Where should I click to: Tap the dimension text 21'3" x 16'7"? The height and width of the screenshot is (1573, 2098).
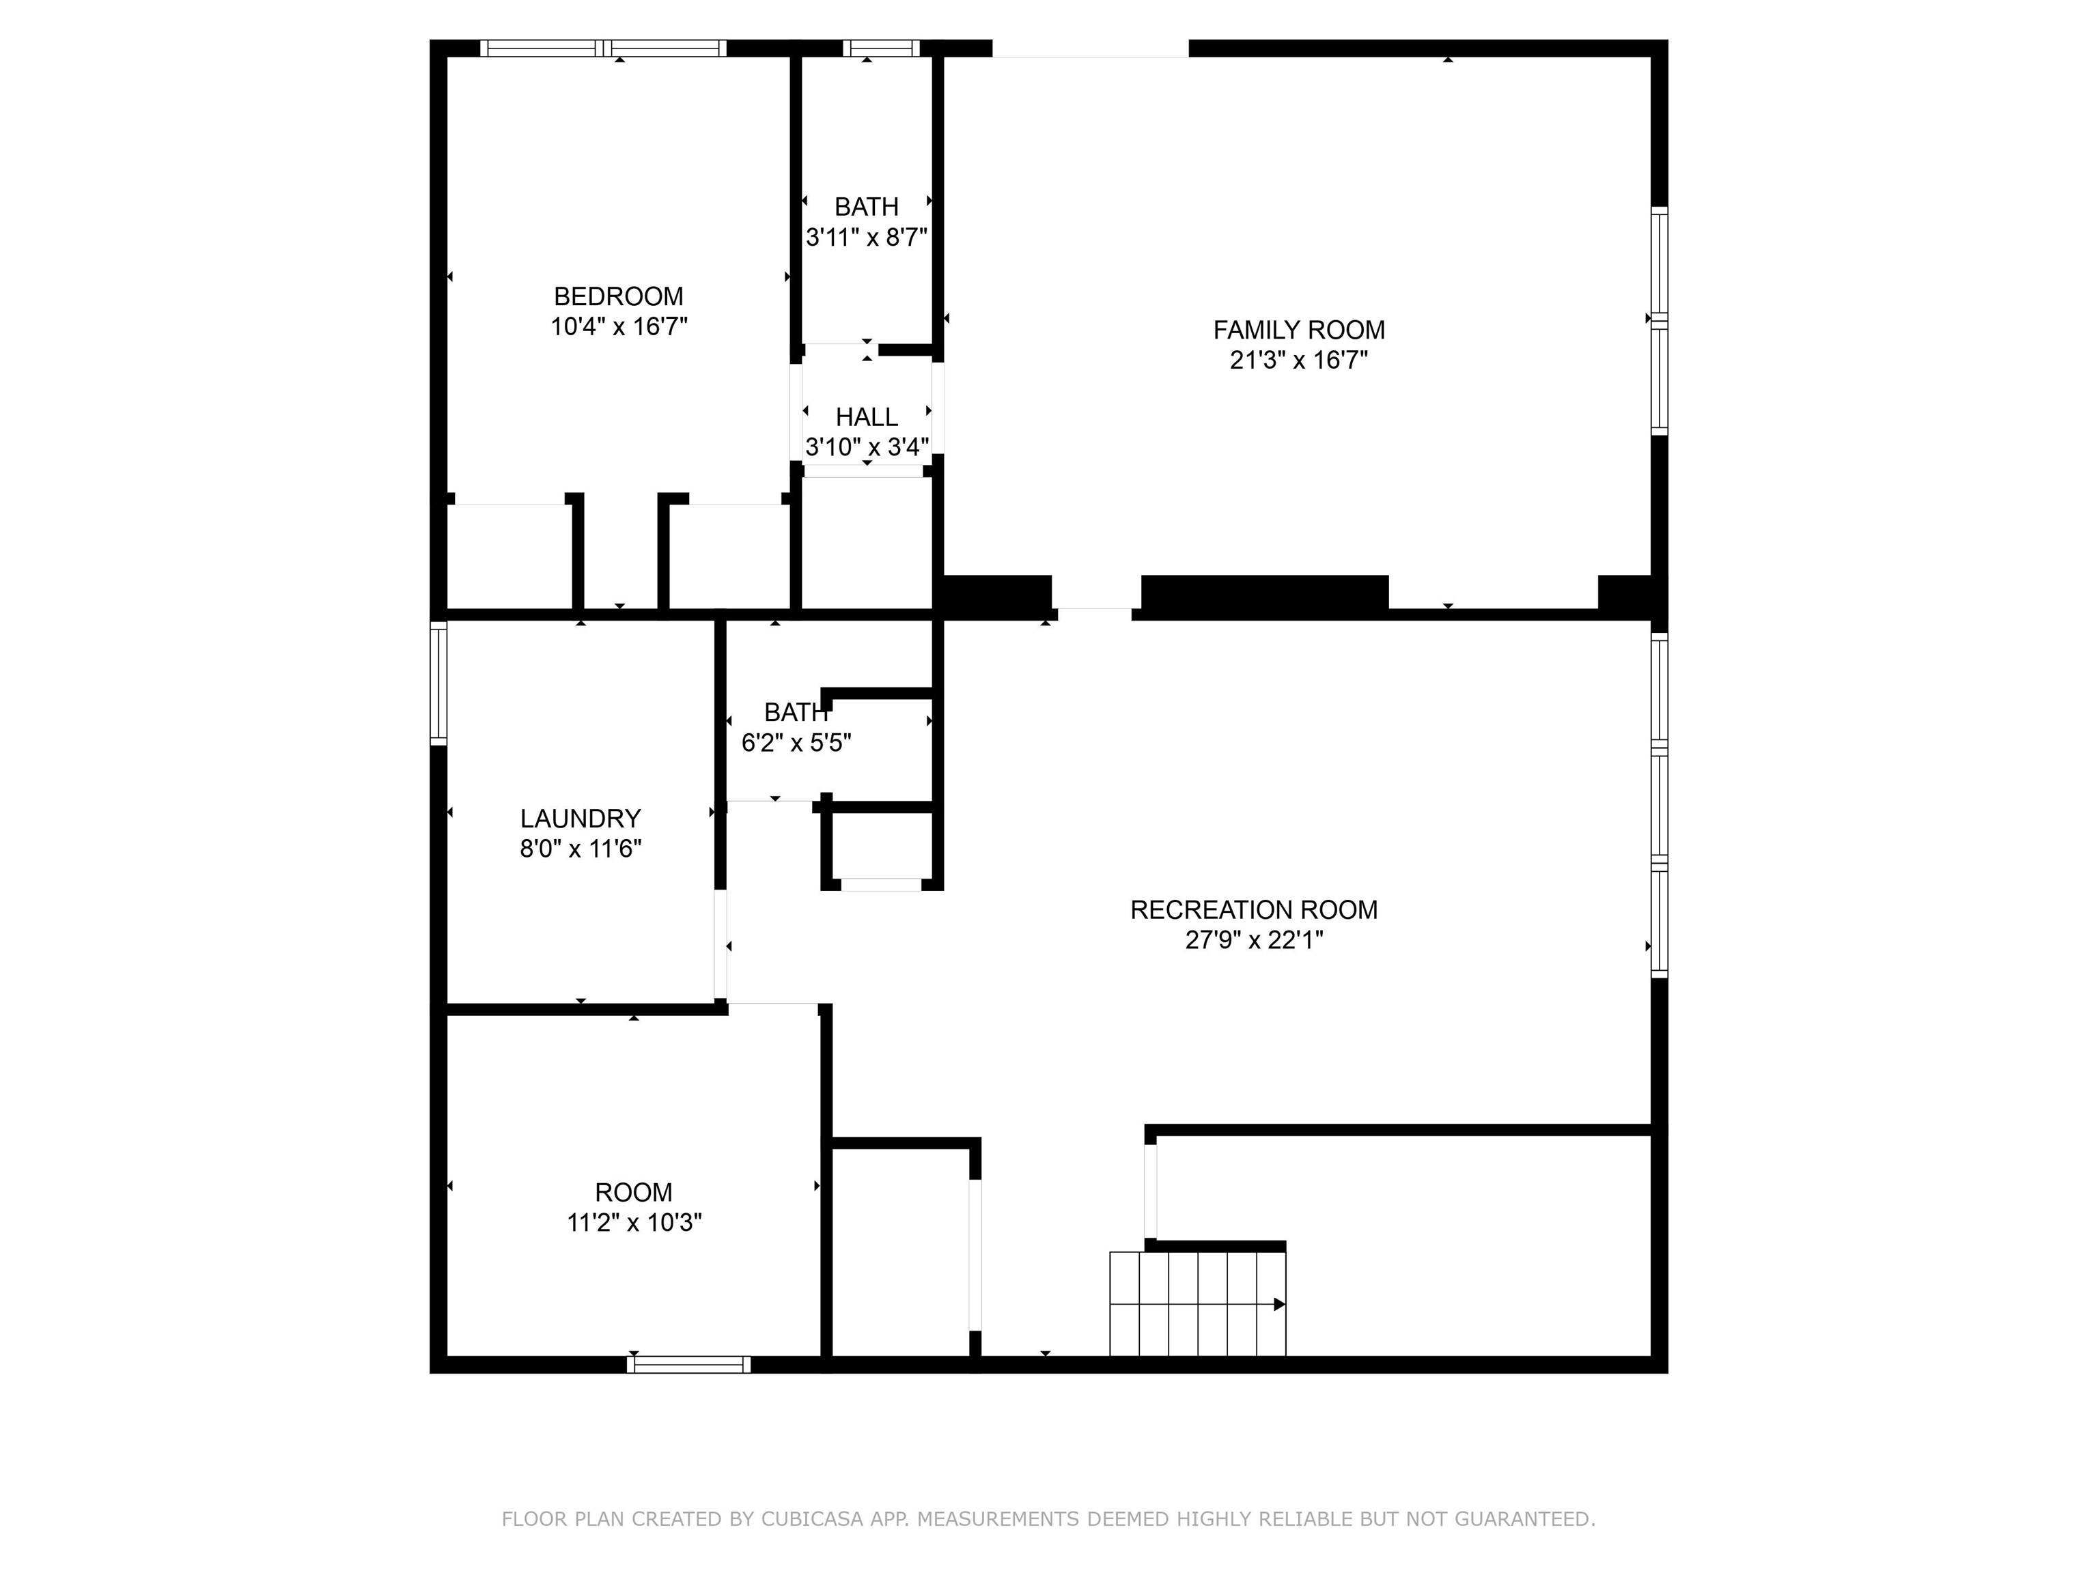[1298, 360]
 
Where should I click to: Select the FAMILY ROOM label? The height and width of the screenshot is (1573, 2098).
[1298, 330]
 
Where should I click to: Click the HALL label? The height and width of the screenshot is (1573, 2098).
[866, 417]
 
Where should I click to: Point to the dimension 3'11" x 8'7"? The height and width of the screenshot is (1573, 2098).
[866, 237]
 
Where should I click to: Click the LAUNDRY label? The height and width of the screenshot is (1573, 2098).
[581, 819]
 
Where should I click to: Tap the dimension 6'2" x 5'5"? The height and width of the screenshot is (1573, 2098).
[796, 742]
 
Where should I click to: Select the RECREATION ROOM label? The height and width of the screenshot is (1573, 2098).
[1253, 910]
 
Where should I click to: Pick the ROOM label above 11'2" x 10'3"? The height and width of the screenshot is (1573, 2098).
[632, 1193]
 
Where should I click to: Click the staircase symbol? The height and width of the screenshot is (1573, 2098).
[1197, 1304]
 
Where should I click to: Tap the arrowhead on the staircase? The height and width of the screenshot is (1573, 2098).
[1278, 1305]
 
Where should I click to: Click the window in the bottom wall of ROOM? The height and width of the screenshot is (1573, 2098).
[688, 1364]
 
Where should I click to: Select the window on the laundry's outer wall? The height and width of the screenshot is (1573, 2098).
[438, 682]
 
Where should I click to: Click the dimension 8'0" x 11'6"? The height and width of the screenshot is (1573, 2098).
[581, 849]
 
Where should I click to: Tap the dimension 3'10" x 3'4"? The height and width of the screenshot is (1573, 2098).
[866, 447]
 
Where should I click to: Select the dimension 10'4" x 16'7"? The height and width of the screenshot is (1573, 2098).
[618, 327]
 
